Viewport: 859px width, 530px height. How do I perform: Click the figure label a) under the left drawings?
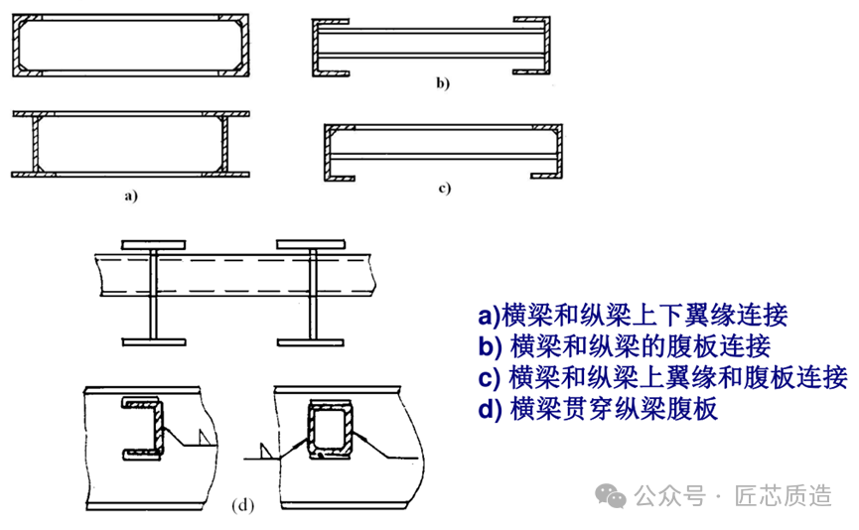(x=130, y=197)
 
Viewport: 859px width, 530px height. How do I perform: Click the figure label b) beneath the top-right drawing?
(x=442, y=84)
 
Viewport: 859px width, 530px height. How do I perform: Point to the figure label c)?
(x=444, y=188)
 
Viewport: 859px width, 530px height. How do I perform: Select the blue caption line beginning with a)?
(x=633, y=316)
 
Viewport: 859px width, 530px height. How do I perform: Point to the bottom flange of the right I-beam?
(x=312, y=342)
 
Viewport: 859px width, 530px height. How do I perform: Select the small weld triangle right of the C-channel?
(x=204, y=437)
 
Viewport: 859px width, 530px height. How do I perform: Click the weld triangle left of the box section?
(x=265, y=452)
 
